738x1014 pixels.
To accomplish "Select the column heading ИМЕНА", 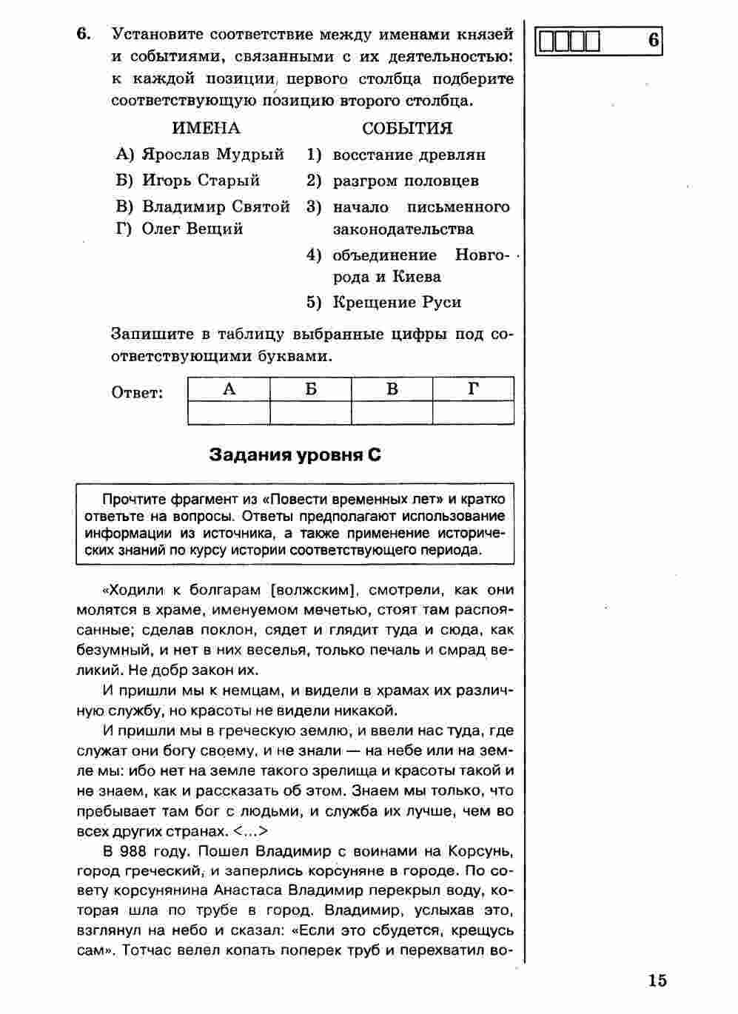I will [206, 128].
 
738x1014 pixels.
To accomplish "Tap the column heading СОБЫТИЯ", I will [407, 128].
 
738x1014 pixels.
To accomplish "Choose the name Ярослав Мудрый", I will [212, 155].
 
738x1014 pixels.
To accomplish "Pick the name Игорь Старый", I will [201, 180].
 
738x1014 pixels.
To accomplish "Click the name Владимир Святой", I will [215, 207].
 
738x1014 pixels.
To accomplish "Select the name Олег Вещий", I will [192, 229].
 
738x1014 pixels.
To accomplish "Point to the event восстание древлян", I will [409, 155].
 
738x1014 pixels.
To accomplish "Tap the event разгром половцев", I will [406, 181].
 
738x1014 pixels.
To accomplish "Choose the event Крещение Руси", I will [397, 302].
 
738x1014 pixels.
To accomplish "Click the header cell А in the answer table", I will [229, 389].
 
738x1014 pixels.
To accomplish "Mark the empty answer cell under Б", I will [311, 412].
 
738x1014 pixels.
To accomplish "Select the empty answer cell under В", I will [392, 412].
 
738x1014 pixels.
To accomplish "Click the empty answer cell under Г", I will [474, 412].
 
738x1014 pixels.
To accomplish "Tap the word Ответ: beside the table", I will [138, 392].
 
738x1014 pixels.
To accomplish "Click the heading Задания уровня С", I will [295, 454].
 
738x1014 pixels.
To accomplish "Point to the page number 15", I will [657, 981].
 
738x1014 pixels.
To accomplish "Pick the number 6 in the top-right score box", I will [653, 41].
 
